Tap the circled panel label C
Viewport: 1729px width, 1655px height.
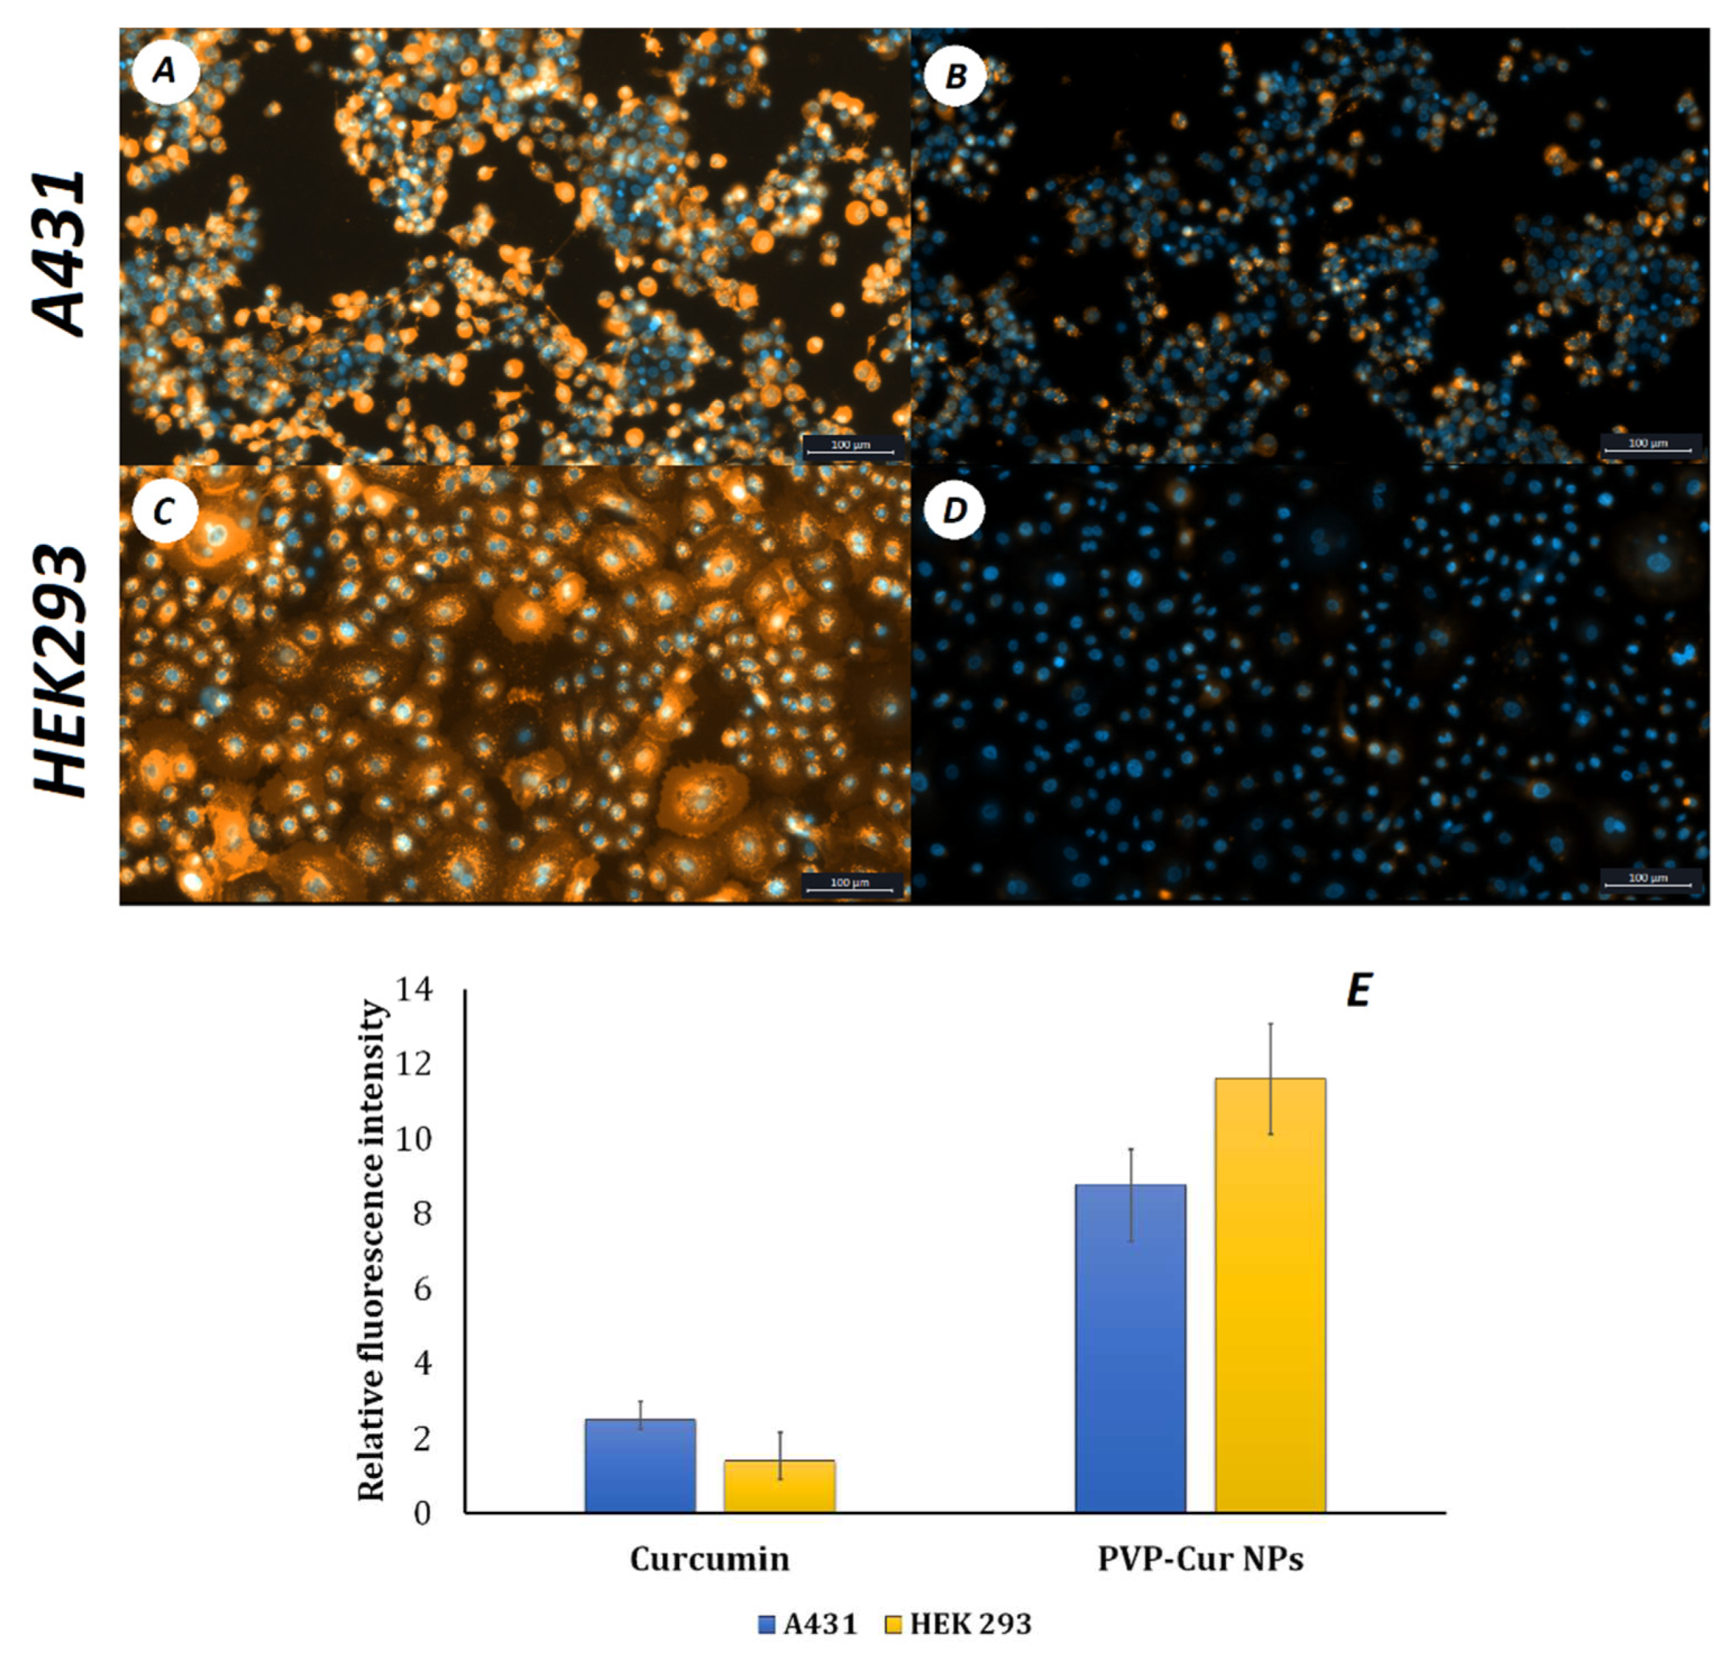click(164, 511)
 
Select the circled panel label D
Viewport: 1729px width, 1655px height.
click(955, 511)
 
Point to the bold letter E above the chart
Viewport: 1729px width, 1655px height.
click(1359, 991)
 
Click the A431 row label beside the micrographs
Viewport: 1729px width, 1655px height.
click(60, 254)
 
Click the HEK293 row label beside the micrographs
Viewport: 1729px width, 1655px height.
click(60, 672)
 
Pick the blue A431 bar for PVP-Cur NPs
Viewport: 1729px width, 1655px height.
click(1131, 1349)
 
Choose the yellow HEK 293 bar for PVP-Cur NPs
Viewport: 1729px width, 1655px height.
click(1270, 1296)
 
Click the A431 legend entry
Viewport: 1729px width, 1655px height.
click(808, 1623)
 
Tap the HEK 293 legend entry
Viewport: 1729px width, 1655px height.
click(958, 1623)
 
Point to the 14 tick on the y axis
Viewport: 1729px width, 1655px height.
click(415, 991)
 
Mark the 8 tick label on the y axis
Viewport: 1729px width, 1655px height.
click(422, 1215)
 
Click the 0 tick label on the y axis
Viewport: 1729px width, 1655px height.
click(422, 1514)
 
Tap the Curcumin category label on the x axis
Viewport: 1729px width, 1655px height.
click(709, 1559)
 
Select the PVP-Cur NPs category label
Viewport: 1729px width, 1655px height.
click(1199, 1559)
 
